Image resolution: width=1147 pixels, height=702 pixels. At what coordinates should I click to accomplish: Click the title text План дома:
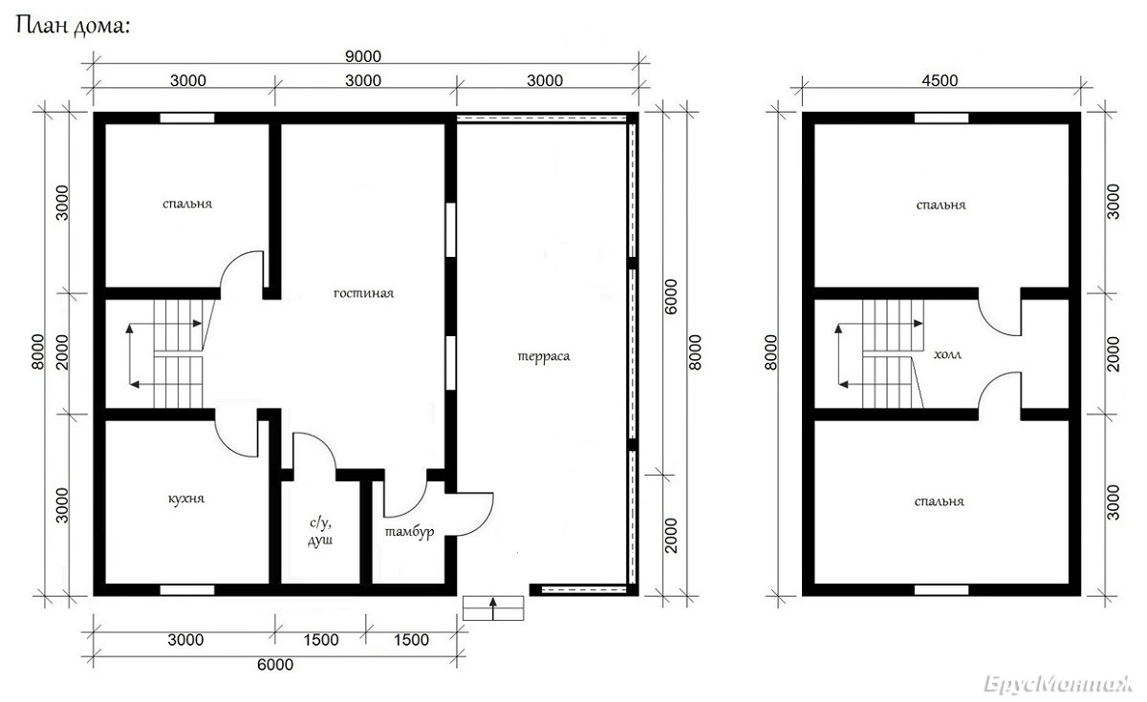(x=73, y=26)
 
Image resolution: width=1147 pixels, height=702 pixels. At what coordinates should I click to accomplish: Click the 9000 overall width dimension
(x=363, y=56)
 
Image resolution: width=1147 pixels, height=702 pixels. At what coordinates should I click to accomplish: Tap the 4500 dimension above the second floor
(x=940, y=80)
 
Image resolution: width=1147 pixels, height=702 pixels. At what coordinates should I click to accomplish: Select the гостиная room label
(x=363, y=294)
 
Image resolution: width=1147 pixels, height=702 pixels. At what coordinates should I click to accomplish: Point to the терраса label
(x=544, y=356)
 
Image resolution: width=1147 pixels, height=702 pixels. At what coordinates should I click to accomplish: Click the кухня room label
(x=186, y=499)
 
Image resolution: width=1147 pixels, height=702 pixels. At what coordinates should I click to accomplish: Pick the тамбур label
(x=409, y=532)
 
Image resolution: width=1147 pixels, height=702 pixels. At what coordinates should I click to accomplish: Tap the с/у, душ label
(x=320, y=531)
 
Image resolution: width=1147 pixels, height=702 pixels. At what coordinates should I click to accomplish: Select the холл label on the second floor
(x=947, y=354)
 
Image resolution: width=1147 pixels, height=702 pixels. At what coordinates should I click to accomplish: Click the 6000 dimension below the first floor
(x=275, y=665)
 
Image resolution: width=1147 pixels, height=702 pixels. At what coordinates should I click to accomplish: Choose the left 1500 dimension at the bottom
(x=321, y=640)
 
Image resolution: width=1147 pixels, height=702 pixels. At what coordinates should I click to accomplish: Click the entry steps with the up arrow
(x=493, y=607)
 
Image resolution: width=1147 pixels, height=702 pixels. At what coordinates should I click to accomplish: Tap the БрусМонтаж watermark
(x=1058, y=684)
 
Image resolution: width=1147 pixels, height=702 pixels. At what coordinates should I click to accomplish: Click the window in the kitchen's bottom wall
(x=187, y=590)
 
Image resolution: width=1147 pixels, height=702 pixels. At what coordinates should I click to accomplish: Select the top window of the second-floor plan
(x=941, y=118)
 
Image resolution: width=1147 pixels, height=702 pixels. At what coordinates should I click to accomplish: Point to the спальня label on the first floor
(x=187, y=204)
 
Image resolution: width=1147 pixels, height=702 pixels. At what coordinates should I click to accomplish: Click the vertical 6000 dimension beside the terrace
(x=670, y=297)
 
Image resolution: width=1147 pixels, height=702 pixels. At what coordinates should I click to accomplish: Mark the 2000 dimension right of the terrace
(x=670, y=536)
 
